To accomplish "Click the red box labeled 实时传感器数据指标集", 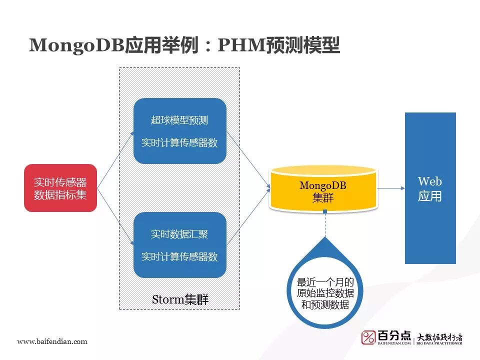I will pos(60,188).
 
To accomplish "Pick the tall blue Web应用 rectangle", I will pos(430,188).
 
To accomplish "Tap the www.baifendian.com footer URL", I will pos(52,341).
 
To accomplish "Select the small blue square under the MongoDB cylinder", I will pos(325,212).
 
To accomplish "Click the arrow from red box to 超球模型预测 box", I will pos(115,160).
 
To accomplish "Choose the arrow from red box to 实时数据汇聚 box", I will pos(115,216).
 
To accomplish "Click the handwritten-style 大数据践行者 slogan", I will pos(440,336).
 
